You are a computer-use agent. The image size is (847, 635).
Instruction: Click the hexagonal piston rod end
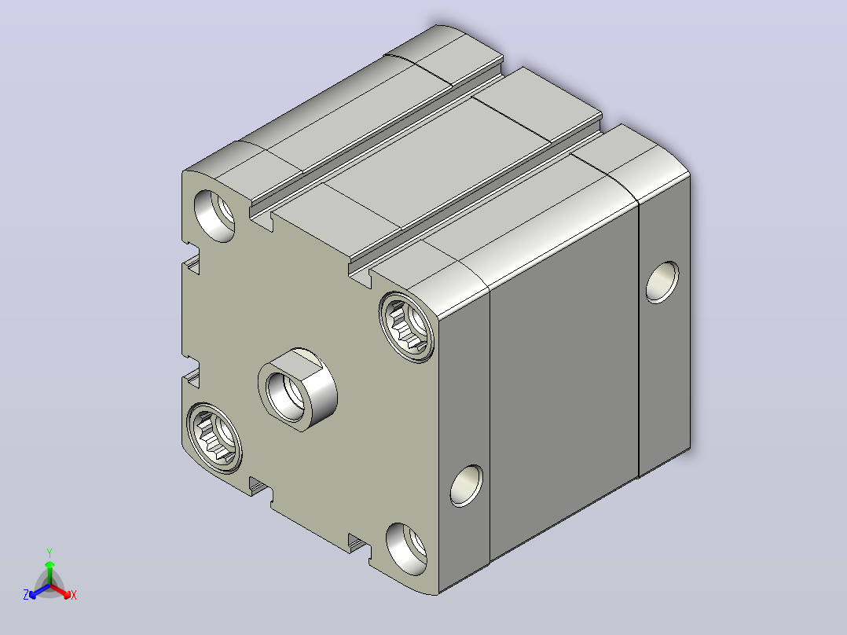tap(298, 389)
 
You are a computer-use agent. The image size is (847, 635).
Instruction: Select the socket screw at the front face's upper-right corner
tap(406, 326)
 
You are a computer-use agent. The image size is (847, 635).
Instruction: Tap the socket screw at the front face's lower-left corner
tap(214, 438)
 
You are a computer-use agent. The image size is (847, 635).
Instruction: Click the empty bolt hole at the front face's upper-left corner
tap(214, 215)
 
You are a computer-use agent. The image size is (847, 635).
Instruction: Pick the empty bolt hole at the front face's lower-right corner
tap(406, 549)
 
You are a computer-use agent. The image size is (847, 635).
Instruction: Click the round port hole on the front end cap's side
tap(466, 486)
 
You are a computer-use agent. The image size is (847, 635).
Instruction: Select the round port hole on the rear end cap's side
tap(662, 282)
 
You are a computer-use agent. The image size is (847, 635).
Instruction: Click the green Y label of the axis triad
tap(49, 552)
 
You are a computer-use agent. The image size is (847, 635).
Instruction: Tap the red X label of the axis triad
tap(74, 595)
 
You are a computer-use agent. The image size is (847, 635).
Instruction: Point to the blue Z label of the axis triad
tap(25, 595)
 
